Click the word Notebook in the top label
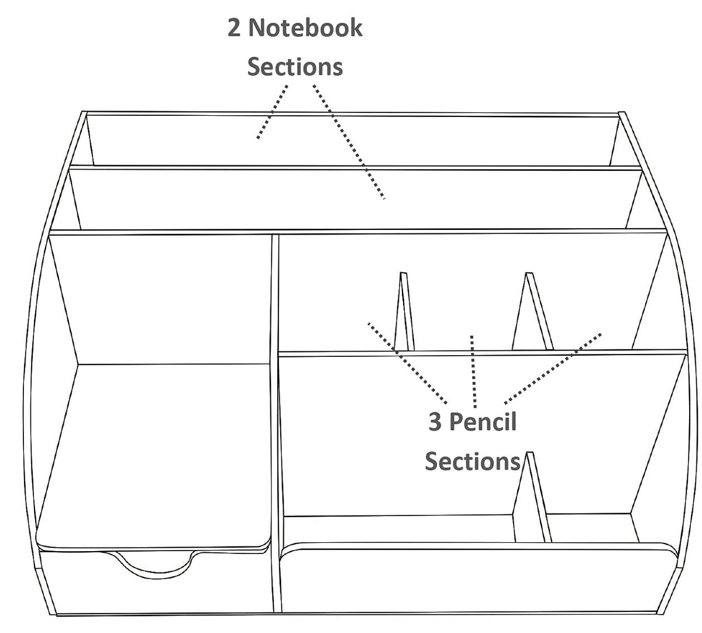click(305, 27)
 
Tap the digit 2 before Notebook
click(234, 28)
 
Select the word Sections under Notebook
click(295, 67)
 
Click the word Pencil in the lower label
click(483, 422)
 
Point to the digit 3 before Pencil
click(435, 422)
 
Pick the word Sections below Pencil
click(473, 461)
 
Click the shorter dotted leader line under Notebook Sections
click(272, 112)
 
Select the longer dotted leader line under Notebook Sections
click(349, 142)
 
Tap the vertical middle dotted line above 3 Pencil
click(473, 371)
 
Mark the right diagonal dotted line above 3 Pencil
click(553, 369)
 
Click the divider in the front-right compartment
click(532, 497)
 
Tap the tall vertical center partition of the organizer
click(276, 424)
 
